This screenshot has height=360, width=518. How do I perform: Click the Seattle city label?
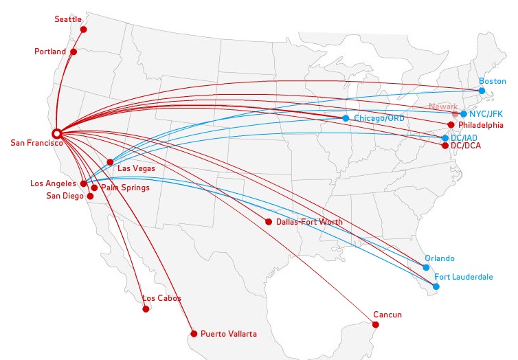[68, 19]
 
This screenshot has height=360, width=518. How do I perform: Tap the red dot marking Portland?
[74, 52]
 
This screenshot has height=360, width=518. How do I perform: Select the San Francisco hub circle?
[57, 133]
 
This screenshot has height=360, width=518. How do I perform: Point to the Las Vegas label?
[136, 168]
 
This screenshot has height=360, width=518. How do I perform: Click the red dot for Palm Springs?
[94, 188]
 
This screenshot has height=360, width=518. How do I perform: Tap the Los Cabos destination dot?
[146, 309]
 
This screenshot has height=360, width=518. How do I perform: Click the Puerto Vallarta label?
[229, 334]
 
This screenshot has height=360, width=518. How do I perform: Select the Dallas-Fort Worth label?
[309, 222]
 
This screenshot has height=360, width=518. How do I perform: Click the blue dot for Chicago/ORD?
[346, 118]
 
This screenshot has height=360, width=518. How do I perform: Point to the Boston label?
[492, 81]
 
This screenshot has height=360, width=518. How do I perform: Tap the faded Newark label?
[443, 106]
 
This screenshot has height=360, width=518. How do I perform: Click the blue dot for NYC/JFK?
[464, 114]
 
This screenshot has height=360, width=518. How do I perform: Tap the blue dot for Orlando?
[427, 267]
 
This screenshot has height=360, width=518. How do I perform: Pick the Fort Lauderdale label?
[463, 277]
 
